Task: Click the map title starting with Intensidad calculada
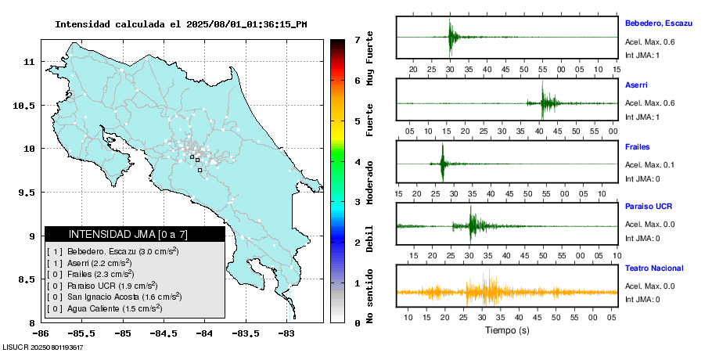(x=181, y=24)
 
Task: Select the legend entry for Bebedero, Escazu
(x=117, y=251)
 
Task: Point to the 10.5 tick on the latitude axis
(x=26, y=105)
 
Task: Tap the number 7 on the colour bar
(x=357, y=39)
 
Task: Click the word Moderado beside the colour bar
(x=369, y=183)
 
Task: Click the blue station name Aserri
(x=636, y=85)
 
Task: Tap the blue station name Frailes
(x=638, y=146)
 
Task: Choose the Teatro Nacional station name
(x=653, y=268)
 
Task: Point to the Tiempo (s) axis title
(x=506, y=330)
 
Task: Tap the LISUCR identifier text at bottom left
(x=43, y=347)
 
